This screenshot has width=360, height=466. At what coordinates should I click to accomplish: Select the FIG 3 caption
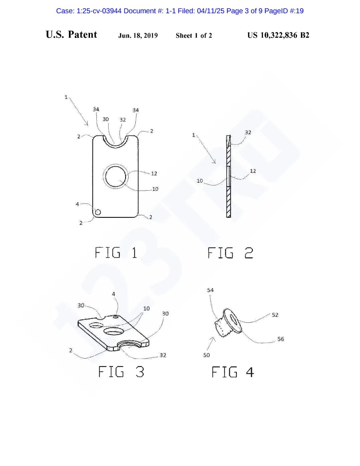121,372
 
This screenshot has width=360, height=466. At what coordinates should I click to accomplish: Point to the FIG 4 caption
233,372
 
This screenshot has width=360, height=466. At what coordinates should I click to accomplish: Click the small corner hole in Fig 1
98,212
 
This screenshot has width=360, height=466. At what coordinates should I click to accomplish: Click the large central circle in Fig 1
116,176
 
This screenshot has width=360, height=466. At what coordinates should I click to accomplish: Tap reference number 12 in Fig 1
154,173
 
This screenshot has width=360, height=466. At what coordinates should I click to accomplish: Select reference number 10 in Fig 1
155,189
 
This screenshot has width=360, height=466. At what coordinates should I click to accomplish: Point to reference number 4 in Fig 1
77,204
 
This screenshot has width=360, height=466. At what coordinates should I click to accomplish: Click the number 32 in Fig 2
248,132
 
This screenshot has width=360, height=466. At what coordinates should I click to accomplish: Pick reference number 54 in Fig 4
210,290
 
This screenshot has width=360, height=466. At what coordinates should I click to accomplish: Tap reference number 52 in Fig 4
275,315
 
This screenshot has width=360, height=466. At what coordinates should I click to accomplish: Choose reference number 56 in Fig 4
281,339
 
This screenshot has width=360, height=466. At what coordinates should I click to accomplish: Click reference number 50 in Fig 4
206,355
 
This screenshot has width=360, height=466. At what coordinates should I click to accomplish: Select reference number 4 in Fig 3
113,294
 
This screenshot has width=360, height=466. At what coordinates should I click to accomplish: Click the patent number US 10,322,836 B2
278,35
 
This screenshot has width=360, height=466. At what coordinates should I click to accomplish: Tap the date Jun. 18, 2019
138,35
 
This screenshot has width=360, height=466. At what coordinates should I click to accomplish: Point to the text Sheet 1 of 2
194,35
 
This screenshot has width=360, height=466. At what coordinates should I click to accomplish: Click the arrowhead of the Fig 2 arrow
215,162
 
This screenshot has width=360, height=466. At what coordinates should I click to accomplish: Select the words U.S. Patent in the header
71,35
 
